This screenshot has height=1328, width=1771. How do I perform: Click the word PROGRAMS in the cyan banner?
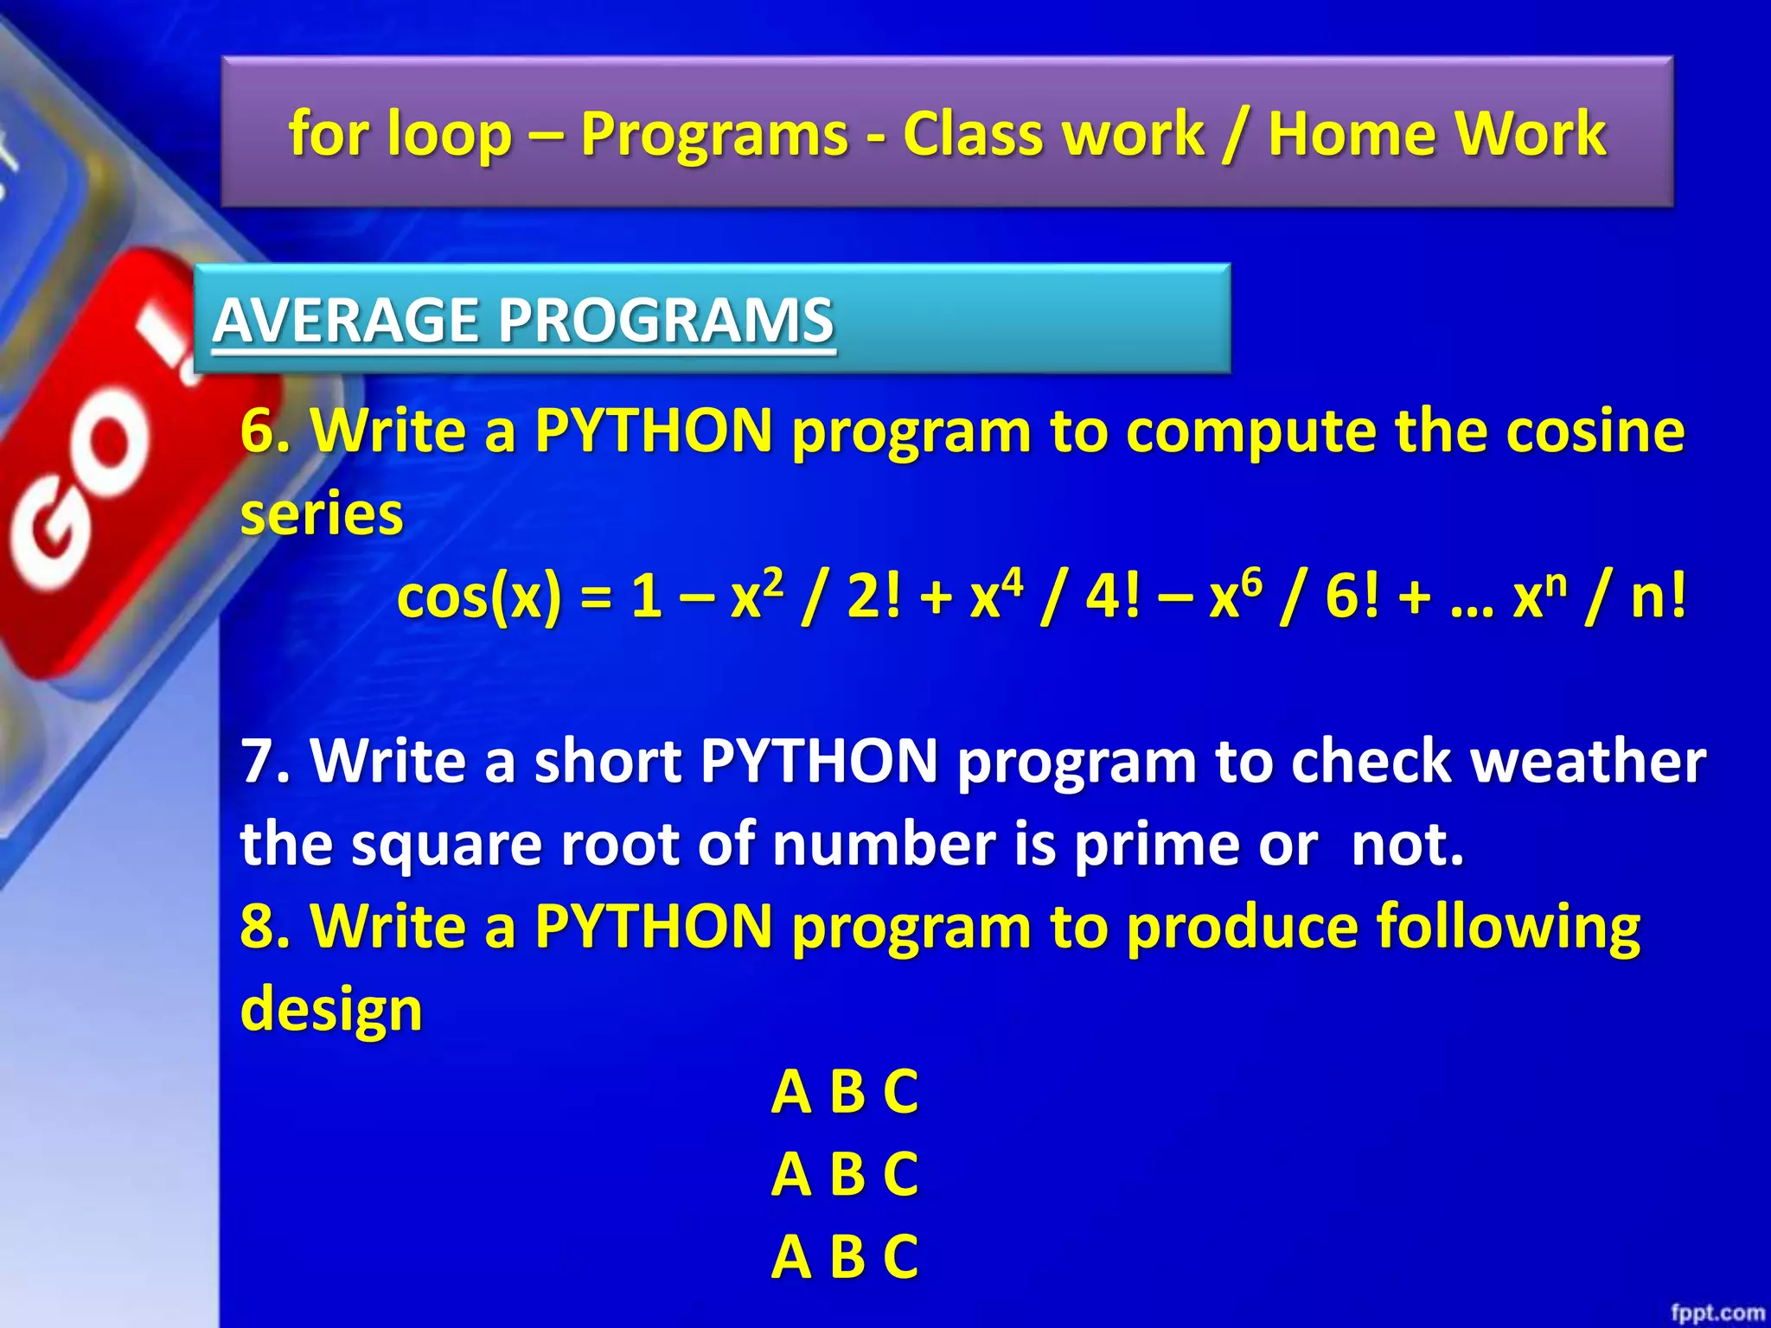[x=666, y=320]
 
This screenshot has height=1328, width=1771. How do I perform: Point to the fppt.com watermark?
[x=1717, y=1312]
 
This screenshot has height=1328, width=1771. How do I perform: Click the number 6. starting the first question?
[x=265, y=430]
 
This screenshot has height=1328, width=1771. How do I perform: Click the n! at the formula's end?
[x=1658, y=597]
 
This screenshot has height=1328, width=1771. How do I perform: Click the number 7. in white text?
[x=265, y=761]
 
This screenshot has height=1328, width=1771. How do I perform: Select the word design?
[x=331, y=1009]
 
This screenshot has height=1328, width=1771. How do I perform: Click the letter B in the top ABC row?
[x=847, y=1092]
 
